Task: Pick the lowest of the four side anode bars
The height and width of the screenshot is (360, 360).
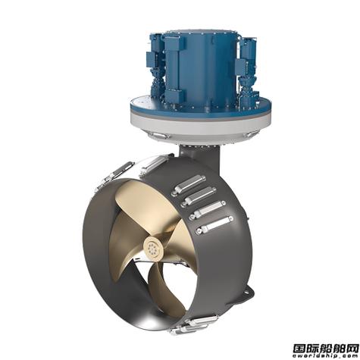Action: pos(211,224)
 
